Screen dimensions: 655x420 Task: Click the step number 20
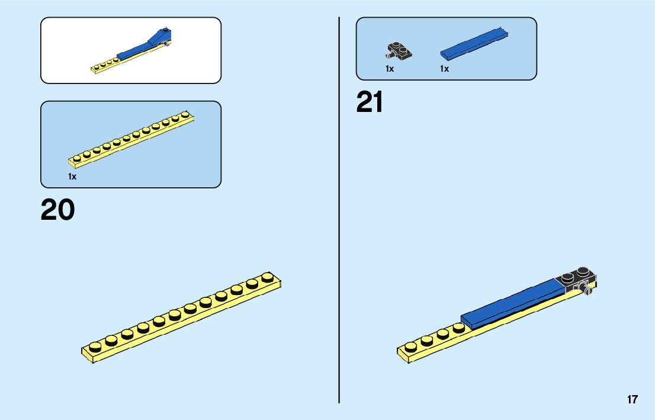(57, 210)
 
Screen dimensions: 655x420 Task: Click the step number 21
(370, 102)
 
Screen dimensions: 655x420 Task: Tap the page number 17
(632, 399)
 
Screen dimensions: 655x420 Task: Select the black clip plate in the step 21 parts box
(399, 52)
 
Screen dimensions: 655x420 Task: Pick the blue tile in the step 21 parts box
(475, 44)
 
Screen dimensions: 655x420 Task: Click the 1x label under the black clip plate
(390, 69)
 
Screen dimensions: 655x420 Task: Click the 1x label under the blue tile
(444, 69)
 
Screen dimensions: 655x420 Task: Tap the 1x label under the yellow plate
(72, 177)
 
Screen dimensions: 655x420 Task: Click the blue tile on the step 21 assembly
(513, 303)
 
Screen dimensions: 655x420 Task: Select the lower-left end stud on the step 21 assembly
(410, 346)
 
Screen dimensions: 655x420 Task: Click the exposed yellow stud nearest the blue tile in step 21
(458, 328)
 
